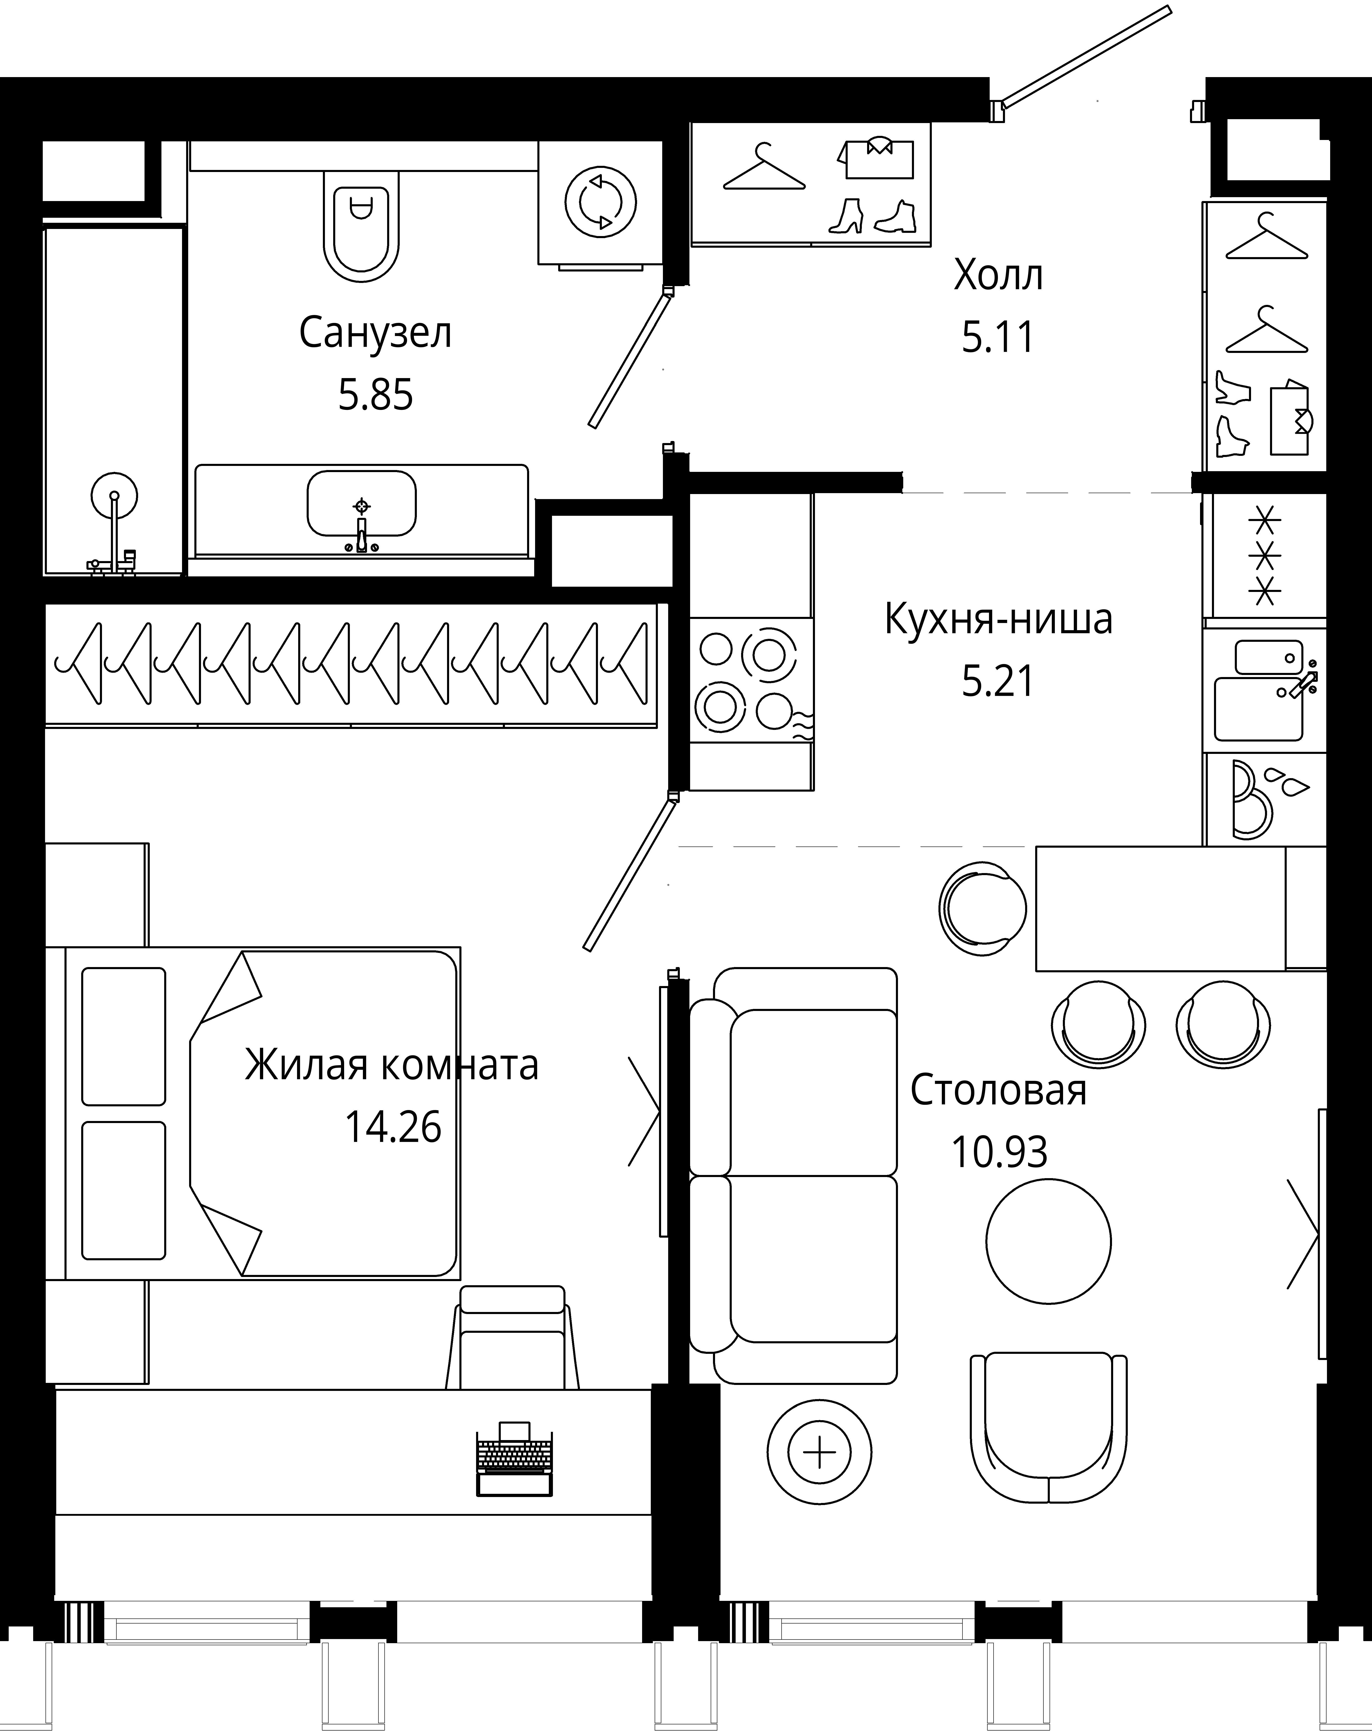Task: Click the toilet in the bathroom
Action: [x=361, y=225]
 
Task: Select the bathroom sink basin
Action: [x=361, y=503]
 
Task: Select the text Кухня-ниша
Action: [x=998, y=619]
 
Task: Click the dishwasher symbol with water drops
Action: [x=1265, y=799]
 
